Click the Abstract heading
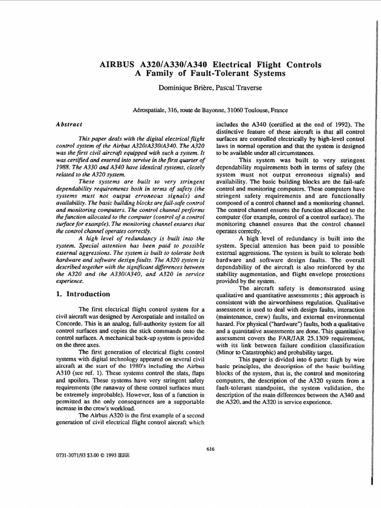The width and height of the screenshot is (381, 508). [69, 124]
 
